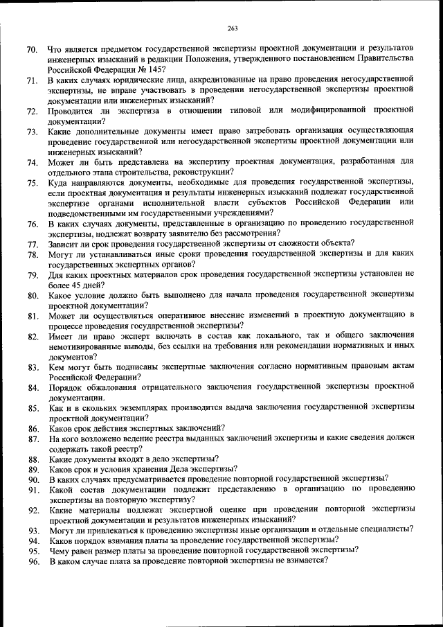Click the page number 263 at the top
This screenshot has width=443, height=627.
pos(232,28)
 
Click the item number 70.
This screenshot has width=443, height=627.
pos(32,51)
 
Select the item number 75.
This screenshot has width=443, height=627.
pos(32,183)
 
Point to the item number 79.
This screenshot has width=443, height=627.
pos(32,276)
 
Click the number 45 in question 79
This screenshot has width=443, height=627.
pos(73,284)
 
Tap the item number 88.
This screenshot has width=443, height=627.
pos(32,459)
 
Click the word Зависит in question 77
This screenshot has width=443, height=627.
pos(64,243)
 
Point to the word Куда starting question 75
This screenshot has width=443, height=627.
pos(59,182)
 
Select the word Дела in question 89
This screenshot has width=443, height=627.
pos(179,468)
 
